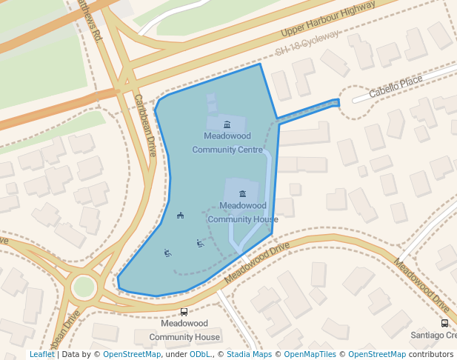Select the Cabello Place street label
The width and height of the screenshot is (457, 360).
tap(396, 85)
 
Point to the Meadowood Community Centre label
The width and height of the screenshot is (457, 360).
tap(227, 143)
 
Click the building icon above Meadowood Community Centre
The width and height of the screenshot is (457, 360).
tap(227, 124)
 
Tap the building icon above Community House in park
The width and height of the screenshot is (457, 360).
tap(242, 193)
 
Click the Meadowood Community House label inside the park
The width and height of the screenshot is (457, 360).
tap(243, 212)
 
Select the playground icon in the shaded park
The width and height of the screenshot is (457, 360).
tap(180, 216)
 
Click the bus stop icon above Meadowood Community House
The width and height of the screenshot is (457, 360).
tap(184, 312)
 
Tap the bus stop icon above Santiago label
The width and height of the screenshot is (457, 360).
tap(444, 323)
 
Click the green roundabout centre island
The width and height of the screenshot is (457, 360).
tap(84, 287)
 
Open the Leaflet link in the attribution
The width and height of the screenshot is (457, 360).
tap(42, 354)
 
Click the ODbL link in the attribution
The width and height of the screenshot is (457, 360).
tap(200, 354)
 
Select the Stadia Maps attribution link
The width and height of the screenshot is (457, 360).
tap(249, 354)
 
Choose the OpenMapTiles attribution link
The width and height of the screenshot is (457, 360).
tap(310, 354)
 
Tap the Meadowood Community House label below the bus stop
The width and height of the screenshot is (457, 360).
tap(184, 330)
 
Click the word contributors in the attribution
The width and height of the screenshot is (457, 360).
tap(431, 354)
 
